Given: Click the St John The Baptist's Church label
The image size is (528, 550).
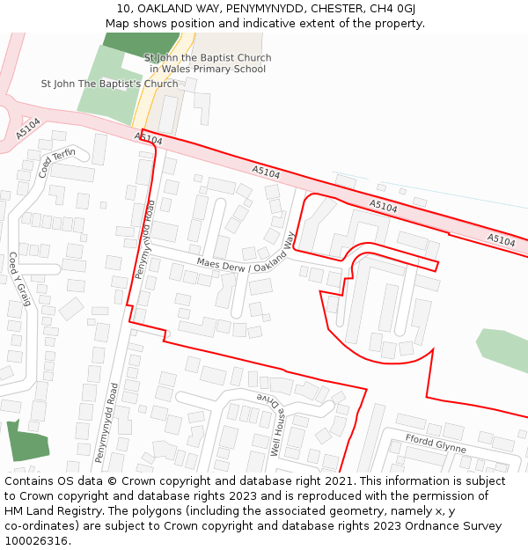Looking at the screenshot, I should click(x=109, y=84).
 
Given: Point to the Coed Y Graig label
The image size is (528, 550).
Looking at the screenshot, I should click(x=19, y=279).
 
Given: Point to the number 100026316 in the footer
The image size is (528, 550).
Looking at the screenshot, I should click(x=37, y=541).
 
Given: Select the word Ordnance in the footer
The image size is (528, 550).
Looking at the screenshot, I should click(x=407, y=526).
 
